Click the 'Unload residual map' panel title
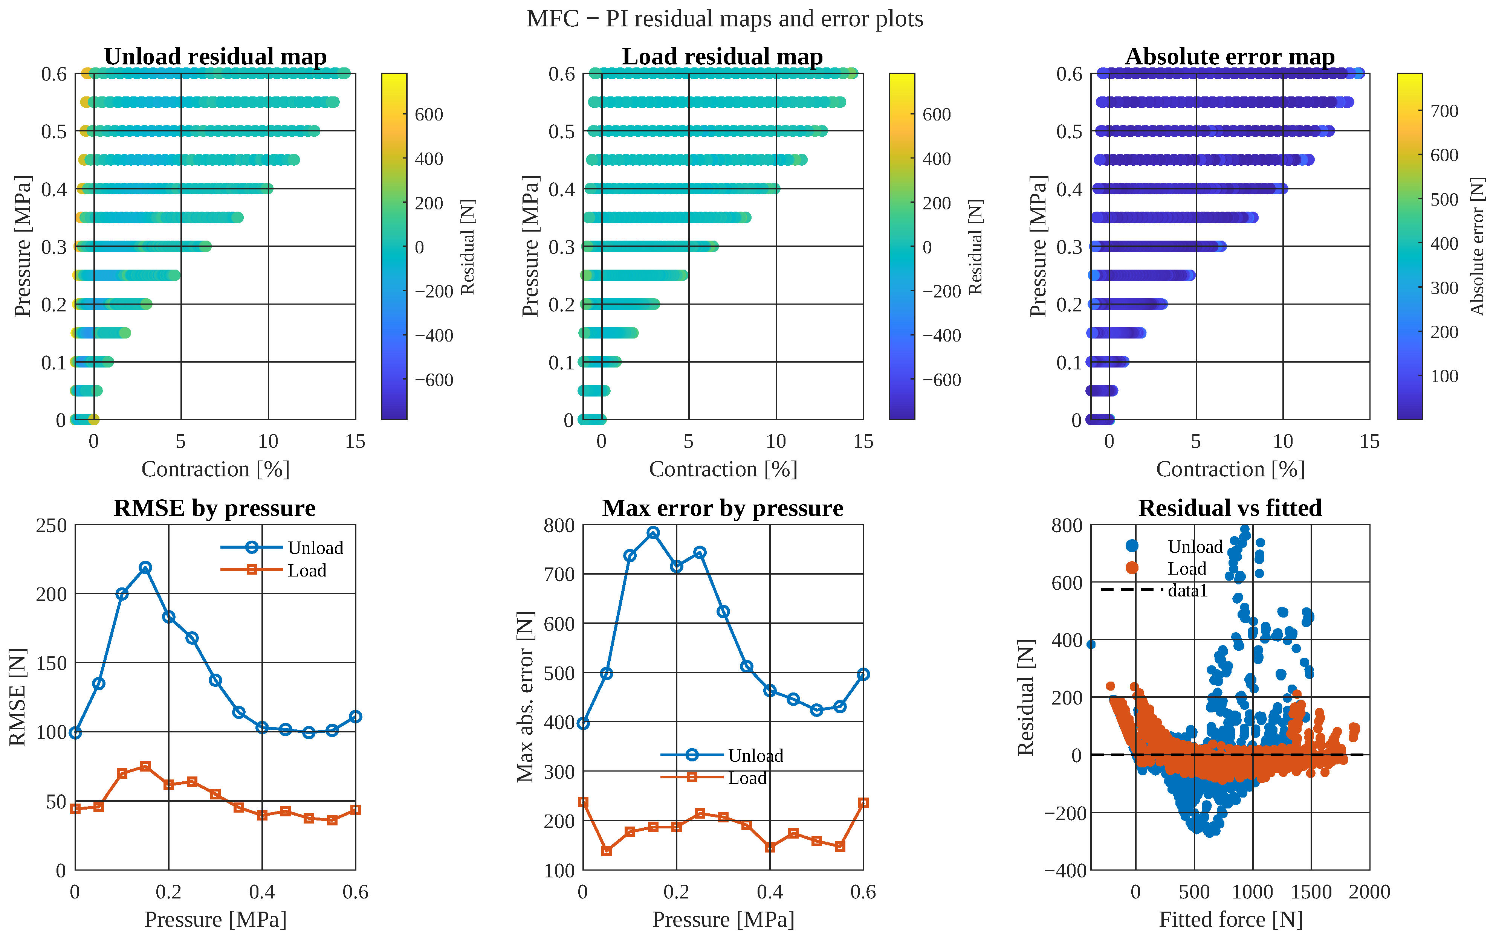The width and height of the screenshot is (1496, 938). pos(215,56)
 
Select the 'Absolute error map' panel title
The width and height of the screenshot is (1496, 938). pos(1230,56)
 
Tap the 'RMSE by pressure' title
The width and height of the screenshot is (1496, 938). pos(215,508)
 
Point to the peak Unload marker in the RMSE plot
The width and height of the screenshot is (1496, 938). pos(145,567)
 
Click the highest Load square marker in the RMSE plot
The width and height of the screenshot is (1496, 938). pos(145,767)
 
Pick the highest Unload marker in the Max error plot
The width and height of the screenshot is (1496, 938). pos(653,533)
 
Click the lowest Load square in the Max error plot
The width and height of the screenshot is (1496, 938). pos(607,851)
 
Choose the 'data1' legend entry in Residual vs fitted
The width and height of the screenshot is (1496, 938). pos(1154,590)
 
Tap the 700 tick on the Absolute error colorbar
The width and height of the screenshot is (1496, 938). pos(1444,111)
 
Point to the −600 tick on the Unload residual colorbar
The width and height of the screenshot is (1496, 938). pos(434,380)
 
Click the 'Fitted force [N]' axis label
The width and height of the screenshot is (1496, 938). pos(1230,919)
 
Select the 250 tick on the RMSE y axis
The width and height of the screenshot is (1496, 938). pos(52,525)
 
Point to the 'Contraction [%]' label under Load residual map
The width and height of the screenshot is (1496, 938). pos(723,469)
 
